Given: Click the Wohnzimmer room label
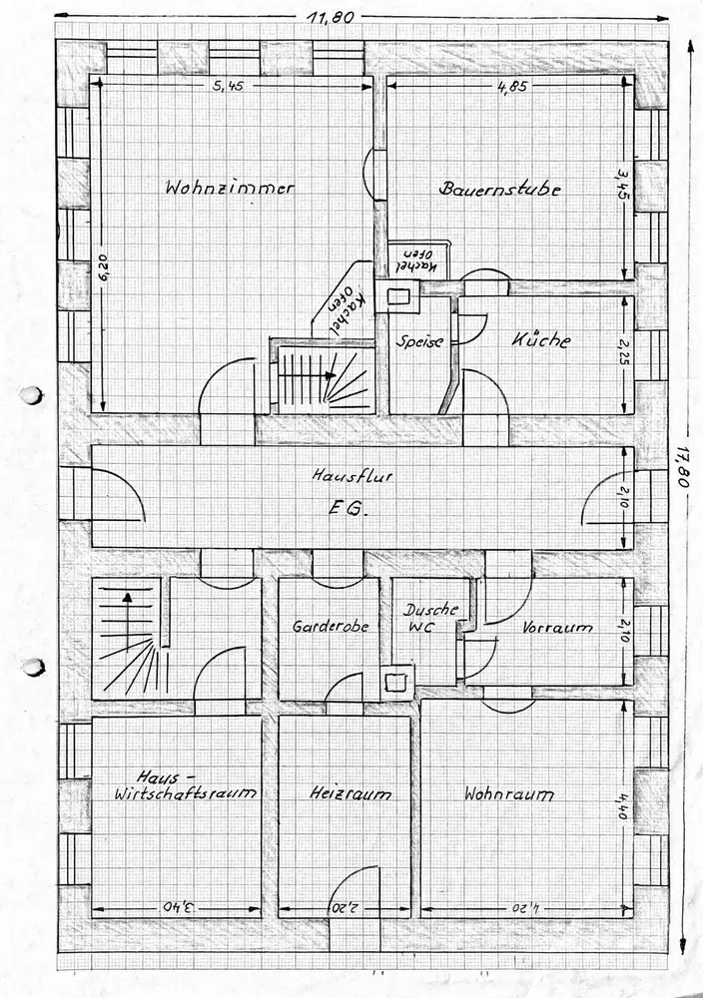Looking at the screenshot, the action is click(230, 187).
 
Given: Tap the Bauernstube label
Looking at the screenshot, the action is click(499, 188).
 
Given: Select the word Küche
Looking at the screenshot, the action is click(541, 340).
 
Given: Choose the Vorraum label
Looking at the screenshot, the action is click(557, 628).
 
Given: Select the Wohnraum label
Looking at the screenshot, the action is click(508, 795).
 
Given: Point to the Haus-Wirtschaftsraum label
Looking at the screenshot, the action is click(185, 786).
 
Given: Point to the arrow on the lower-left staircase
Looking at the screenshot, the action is click(127, 598).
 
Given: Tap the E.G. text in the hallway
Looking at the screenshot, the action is click(349, 509).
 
